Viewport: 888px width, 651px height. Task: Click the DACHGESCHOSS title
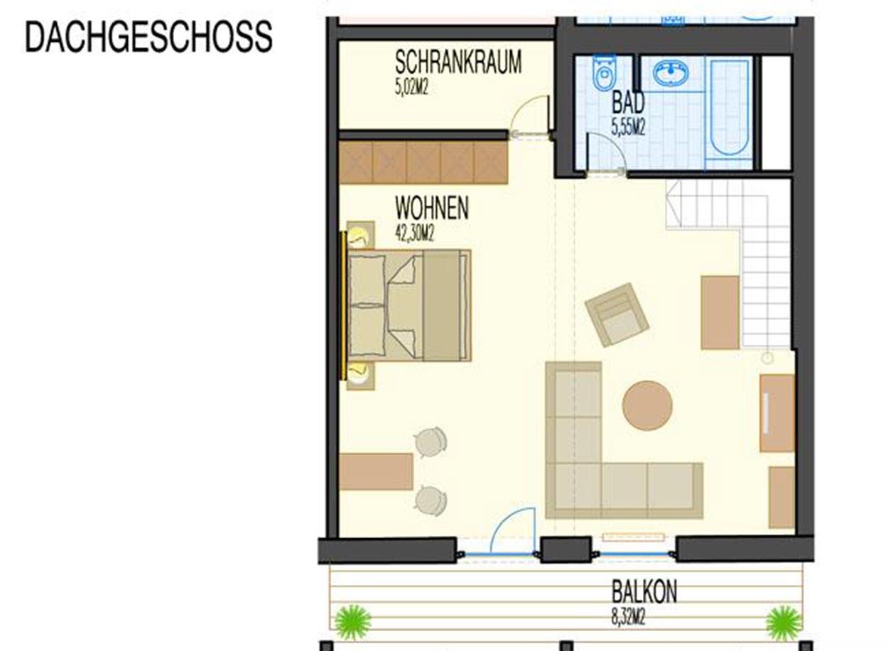pyautogui.click(x=148, y=36)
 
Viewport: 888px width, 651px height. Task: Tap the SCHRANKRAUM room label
pyautogui.click(x=458, y=62)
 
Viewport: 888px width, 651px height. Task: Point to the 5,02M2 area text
pyautogui.click(x=411, y=87)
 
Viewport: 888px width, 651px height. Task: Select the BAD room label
pyautogui.click(x=628, y=102)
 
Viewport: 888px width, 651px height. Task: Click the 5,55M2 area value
pyautogui.click(x=628, y=128)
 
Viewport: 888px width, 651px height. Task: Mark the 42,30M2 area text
pyautogui.click(x=414, y=234)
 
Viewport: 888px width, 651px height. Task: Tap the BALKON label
pyautogui.click(x=644, y=591)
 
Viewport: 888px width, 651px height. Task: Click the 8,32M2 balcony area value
pyautogui.click(x=629, y=617)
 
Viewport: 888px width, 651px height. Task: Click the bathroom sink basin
pyautogui.click(x=671, y=73)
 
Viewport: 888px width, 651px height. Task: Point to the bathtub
pyautogui.click(x=729, y=108)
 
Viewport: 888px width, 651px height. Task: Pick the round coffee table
pyautogui.click(x=647, y=405)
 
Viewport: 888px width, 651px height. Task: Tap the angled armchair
pyautogui.click(x=617, y=314)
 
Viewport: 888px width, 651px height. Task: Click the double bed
pyautogui.click(x=408, y=305)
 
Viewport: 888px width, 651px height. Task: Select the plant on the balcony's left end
pyautogui.click(x=353, y=623)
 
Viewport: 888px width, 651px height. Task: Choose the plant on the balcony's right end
pyautogui.click(x=784, y=623)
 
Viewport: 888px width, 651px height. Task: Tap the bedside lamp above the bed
pyautogui.click(x=360, y=236)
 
